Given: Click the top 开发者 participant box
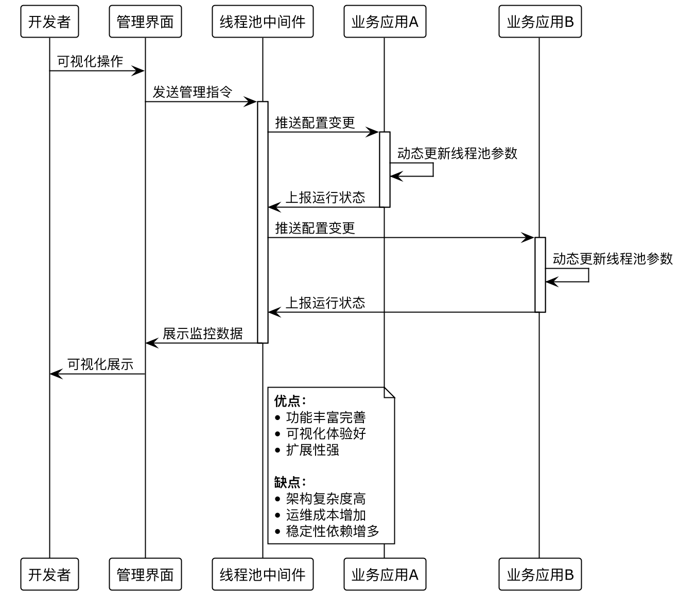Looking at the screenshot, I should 49,22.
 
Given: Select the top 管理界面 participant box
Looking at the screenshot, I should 145,22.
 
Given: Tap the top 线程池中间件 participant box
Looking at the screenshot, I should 263,22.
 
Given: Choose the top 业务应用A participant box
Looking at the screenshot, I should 385,22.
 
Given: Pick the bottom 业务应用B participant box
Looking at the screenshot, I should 539,574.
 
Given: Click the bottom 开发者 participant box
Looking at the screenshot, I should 49,574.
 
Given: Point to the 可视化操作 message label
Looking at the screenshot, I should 90,62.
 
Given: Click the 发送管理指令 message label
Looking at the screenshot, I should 193,93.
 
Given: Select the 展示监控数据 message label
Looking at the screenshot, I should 203,334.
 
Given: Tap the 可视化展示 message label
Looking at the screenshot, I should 100,365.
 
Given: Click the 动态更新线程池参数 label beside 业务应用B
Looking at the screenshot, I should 613,259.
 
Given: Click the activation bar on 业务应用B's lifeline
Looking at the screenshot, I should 540,274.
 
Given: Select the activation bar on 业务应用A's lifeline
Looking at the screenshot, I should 385,169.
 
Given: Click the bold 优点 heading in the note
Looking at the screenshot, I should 290,401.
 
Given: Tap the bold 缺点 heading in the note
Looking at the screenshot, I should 290,482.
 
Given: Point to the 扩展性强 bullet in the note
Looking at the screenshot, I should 312,450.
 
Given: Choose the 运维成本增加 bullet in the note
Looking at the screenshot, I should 326,515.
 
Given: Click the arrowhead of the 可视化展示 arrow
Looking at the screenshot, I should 55,374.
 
